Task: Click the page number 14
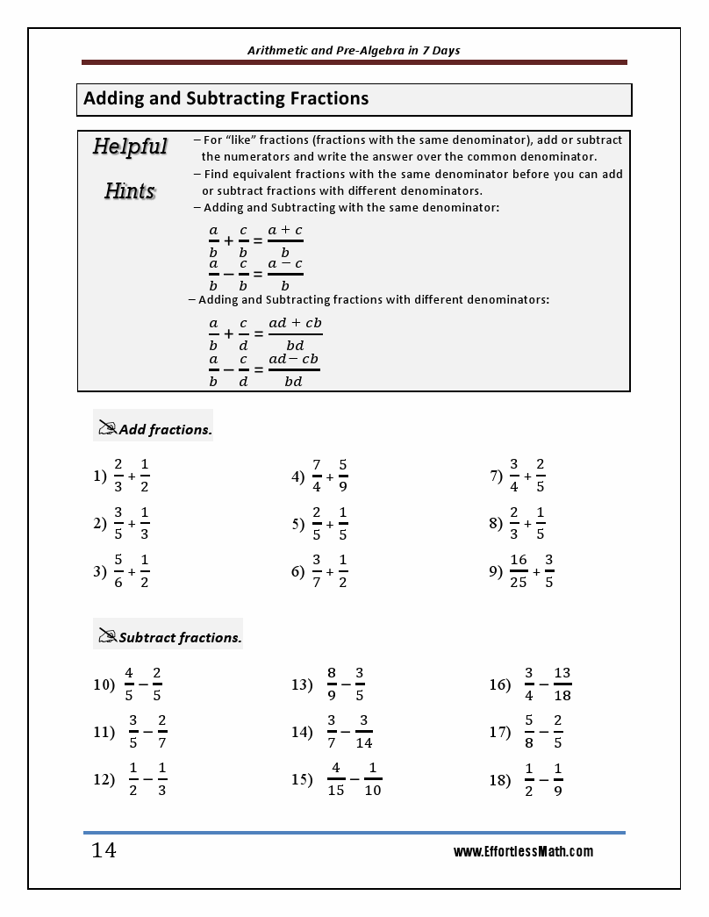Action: (104, 850)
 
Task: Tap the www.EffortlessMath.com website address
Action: (523, 851)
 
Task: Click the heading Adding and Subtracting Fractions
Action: (226, 99)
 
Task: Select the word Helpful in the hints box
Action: (130, 147)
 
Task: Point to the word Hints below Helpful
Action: (130, 190)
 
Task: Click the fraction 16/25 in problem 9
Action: (518, 570)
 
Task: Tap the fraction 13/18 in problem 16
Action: (562, 684)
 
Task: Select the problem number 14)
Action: (302, 732)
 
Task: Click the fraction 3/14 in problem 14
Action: (363, 732)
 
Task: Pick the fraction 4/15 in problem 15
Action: (336, 779)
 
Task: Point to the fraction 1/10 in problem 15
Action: (373, 779)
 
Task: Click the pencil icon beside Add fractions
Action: (108, 428)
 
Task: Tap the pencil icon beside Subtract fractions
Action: (108, 636)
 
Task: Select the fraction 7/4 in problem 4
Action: (316, 475)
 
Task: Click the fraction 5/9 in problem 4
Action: (342, 475)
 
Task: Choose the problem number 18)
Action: (500, 779)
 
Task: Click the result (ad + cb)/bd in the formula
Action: (295, 333)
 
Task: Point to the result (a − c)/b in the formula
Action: (285, 274)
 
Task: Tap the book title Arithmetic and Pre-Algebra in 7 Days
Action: (354, 50)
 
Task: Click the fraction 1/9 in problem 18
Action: (558, 779)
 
